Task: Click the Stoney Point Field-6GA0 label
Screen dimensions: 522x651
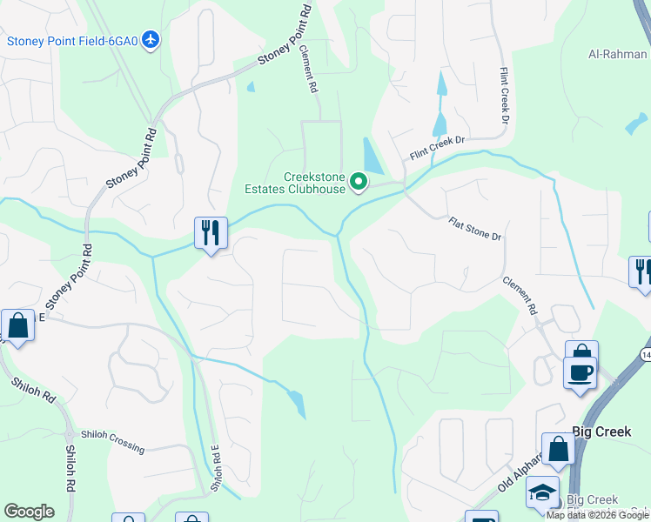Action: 73,40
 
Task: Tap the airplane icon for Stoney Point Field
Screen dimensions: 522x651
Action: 151,40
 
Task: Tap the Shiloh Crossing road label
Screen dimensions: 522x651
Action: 113,441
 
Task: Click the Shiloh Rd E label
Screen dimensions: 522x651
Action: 214,471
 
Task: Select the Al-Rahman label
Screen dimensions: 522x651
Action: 618,54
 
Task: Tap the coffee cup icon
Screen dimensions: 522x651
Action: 581,371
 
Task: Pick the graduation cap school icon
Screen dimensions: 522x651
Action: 542,492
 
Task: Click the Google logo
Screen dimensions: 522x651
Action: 29,512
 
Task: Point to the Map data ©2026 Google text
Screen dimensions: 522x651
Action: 597,515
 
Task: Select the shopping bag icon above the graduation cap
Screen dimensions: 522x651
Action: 558,449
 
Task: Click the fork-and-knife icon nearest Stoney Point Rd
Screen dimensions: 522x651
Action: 211,232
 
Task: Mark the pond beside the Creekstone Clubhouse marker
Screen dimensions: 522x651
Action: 372,157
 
